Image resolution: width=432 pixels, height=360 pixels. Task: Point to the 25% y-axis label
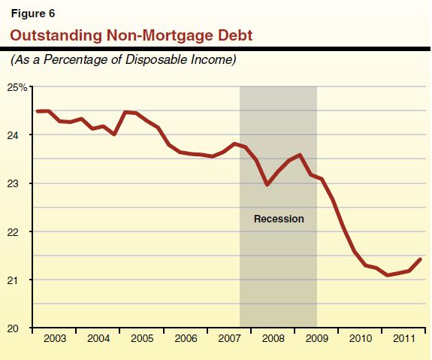[x=18, y=87]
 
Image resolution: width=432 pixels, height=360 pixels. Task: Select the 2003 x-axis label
[x=55, y=339]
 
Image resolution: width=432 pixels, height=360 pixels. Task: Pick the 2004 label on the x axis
[x=98, y=339]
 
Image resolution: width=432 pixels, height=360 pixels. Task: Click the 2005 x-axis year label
[x=142, y=339]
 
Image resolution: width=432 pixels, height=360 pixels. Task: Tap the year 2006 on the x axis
[x=186, y=339]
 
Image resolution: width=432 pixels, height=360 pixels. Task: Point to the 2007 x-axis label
[x=229, y=339]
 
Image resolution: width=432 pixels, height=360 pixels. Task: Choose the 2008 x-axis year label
[x=273, y=339]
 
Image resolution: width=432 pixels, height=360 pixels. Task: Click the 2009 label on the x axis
[x=316, y=339]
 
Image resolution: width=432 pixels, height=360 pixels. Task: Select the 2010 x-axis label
[x=360, y=339]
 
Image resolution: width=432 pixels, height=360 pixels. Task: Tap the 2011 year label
[x=403, y=339]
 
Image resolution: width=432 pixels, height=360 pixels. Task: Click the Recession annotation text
[x=278, y=219]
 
